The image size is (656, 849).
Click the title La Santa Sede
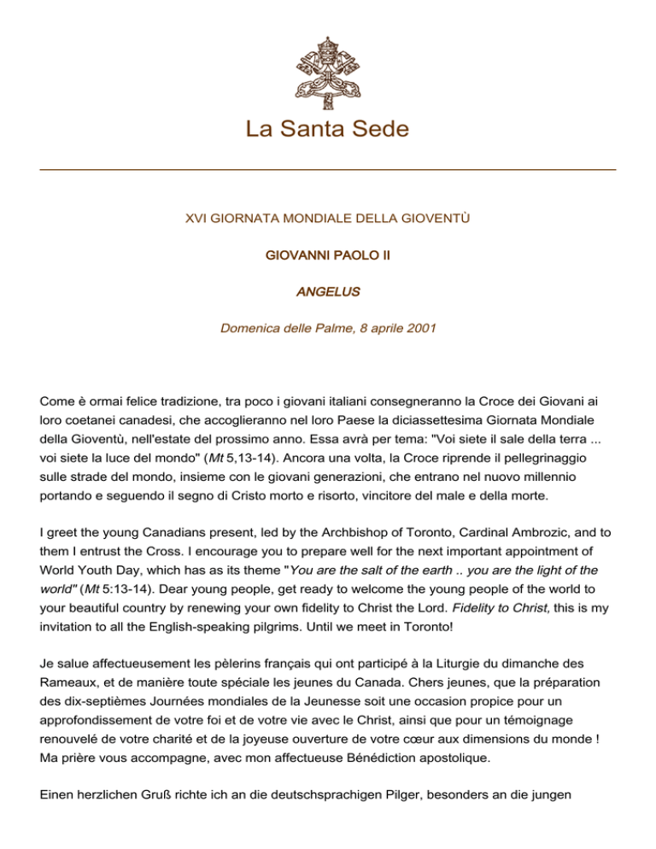(x=327, y=129)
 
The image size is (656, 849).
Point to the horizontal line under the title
(x=327, y=170)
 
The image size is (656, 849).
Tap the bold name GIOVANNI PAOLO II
(x=327, y=255)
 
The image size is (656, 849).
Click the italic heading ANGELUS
(x=327, y=292)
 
